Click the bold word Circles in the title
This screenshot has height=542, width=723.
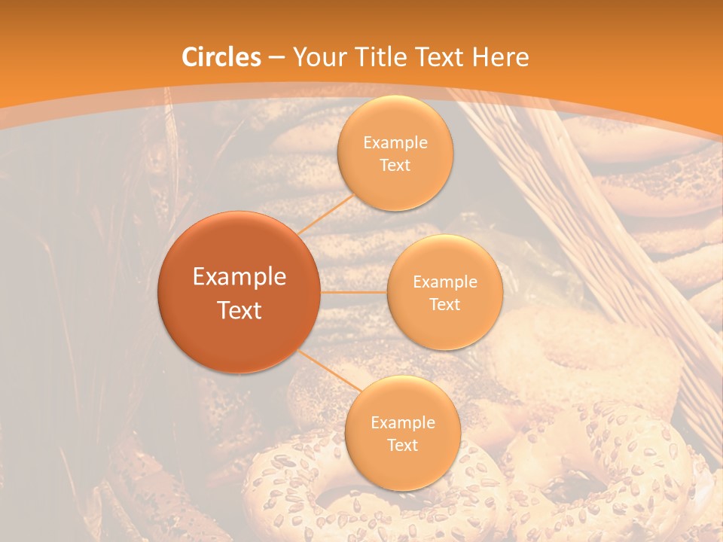point(221,57)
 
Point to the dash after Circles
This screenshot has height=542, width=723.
point(276,58)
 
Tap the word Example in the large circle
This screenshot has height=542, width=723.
point(239,277)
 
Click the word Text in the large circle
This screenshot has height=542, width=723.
point(239,310)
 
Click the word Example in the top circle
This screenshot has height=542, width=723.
point(395,143)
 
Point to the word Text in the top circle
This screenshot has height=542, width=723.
point(395,165)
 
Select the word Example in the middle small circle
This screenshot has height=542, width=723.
point(444,282)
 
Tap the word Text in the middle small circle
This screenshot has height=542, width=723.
point(444,304)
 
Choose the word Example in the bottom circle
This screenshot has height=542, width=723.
point(402,423)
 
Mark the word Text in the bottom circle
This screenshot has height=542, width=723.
point(402,445)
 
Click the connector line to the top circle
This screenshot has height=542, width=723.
point(326,214)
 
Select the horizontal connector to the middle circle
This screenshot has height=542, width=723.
point(353,292)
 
